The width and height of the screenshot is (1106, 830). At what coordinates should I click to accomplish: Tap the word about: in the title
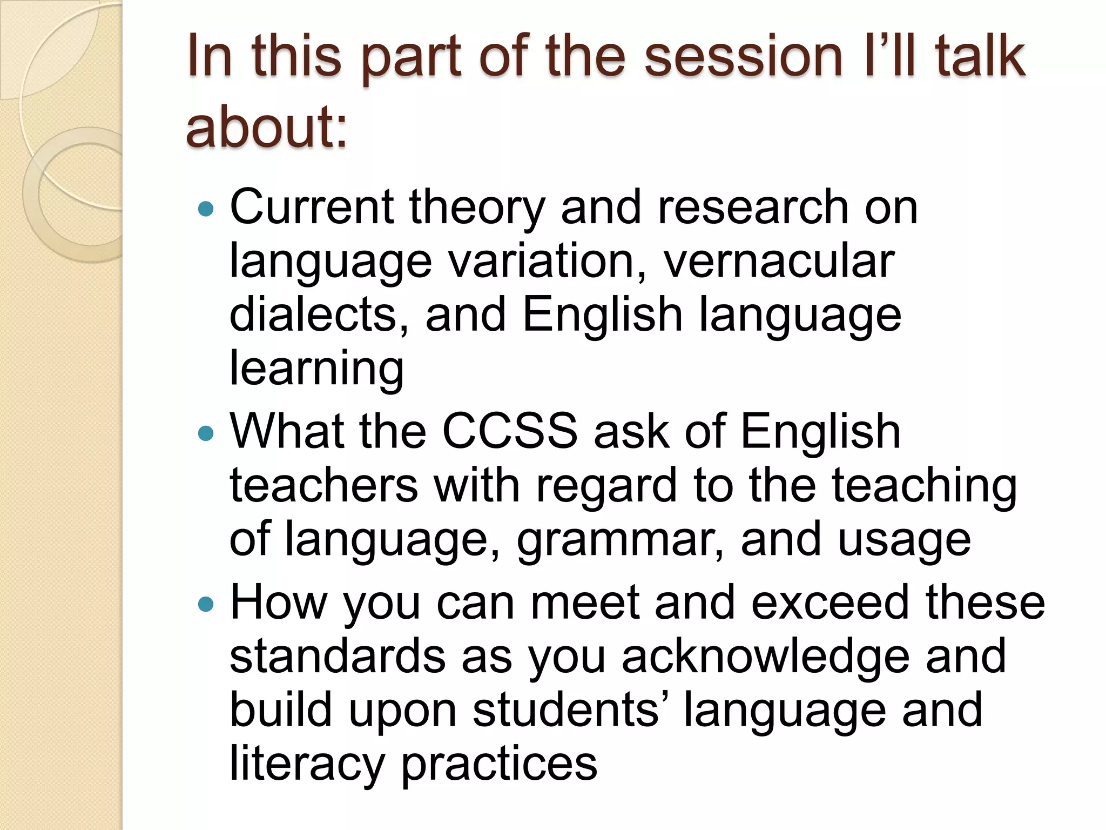(x=266, y=128)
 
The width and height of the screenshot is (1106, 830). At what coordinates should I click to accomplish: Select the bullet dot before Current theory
(x=206, y=209)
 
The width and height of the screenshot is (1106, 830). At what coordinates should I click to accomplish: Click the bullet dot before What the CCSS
(x=206, y=433)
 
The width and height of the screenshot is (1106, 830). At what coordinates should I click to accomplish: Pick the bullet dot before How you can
(x=206, y=604)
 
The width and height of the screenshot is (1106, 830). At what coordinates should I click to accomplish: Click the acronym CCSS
(x=510, y=431)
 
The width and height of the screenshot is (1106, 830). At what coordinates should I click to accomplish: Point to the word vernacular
(x=779, y=262)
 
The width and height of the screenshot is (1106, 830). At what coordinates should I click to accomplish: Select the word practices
(x=499, y=764)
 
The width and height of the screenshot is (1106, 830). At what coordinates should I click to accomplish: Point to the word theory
(x=477, y=209)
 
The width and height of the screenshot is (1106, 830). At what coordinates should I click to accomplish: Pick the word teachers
(x=323, y=485)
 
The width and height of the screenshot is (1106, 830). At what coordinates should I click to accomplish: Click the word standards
(x=338, y=657)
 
